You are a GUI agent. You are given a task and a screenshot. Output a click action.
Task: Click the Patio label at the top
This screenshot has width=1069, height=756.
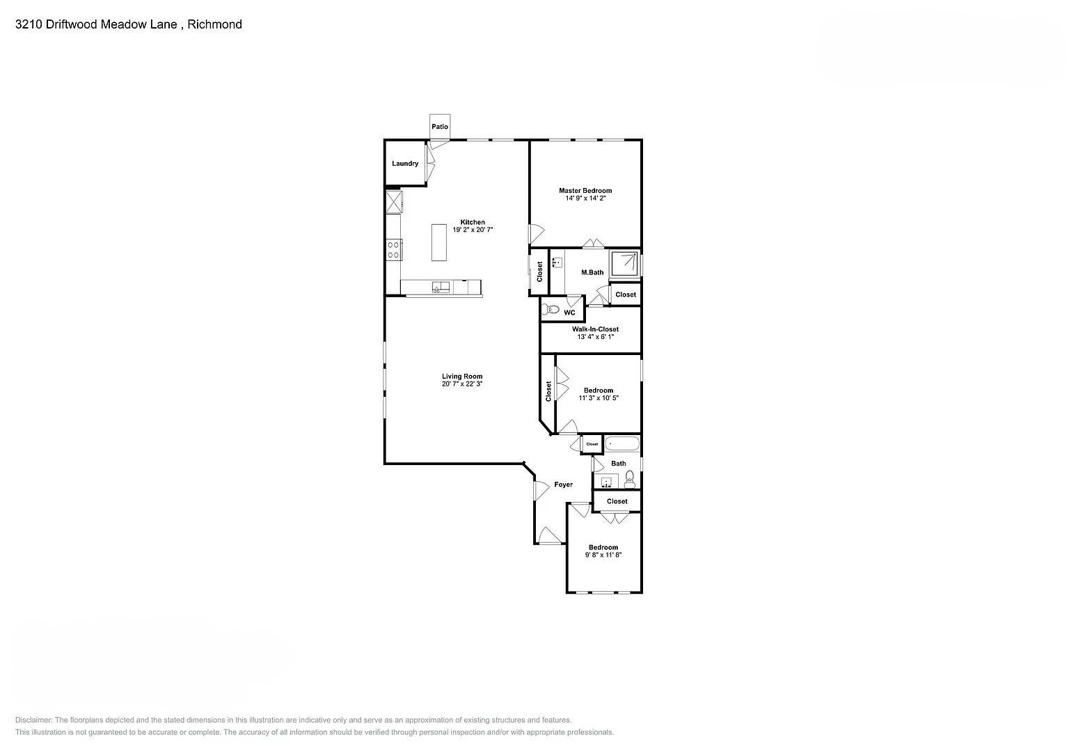pyautogui.click(x=440, y=127)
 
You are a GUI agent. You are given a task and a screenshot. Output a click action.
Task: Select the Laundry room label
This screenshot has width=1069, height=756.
pyautogui.click(x=405, y=164)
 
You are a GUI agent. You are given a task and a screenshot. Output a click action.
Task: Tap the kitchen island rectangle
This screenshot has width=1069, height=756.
pyautogui.click(x=438, y=242)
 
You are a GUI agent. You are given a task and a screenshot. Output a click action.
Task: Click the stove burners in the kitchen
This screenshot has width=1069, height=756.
pyautogui.click(x=394, y=249)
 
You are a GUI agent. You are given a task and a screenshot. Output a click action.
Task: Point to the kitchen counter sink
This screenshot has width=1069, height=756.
pyautogui.click(x=441, y=287)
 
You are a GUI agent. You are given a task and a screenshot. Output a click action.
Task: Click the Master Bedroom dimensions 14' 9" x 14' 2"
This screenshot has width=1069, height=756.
pyautogui.click(x=585, y=198)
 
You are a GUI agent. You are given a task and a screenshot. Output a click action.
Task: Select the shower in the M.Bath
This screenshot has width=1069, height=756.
pyautogui.click(x=624, y=264)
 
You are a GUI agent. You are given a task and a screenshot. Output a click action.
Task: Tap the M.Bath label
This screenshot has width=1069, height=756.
pyautogui.click(x=592, y=272)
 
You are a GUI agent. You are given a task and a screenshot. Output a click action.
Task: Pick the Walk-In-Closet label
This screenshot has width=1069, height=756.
pyautogui.click(x=595, y=329)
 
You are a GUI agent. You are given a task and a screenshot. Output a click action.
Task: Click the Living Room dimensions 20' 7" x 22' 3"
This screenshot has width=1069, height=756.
pyautogui.click(x=462, y=384)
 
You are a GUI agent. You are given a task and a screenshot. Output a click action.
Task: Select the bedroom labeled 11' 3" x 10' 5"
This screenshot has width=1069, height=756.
pyautogui.click(x=598, y=394)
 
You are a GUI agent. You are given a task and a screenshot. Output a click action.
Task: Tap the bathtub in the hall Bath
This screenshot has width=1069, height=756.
pyautogui.click(x=621, y=443)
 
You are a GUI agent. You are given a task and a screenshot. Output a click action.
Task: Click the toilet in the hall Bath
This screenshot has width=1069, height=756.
pyautogui.click(x=630, y=478)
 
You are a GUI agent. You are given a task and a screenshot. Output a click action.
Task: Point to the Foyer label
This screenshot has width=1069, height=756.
pyautogui.click(x=563, y=485)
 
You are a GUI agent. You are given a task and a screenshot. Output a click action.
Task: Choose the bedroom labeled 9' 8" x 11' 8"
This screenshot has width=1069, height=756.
pyautogui.click(x=603, y=551)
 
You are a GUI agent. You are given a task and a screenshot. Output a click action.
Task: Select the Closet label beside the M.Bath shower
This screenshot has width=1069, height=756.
pyautogui.click(x=625, y=294)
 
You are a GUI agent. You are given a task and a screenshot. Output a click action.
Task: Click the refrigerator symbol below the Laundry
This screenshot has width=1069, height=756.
pyautogui.click(x=394, y=202)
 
